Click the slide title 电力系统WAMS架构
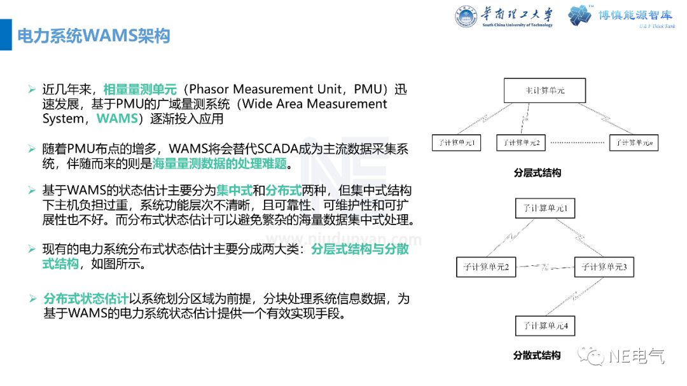(x=93, y=36)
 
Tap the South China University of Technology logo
(x=504, y=17)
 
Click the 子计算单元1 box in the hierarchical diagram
(x=456, y=142)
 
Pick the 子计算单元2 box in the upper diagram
(x=521, y=142)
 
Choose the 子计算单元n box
(x=634, y=142)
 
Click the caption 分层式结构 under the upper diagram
(x=538, y=172)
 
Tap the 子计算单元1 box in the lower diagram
(x=545, y=209)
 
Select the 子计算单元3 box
(x=604, y=267)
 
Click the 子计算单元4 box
(x=545, y=326)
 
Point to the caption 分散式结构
(x=537, y=355)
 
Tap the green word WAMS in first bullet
(x=117, y=119)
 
